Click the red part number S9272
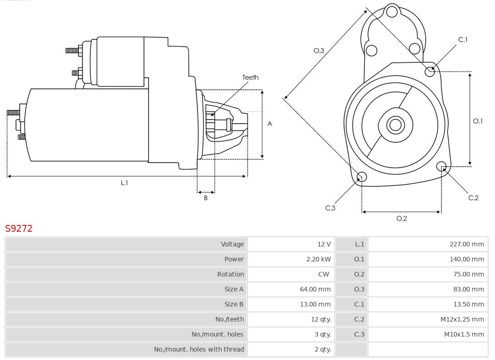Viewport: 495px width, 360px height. click(19, 228)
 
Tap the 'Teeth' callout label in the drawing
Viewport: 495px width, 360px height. click(250, 77)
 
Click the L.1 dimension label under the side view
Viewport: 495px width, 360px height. click(124, 183)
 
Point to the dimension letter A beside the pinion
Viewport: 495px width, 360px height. click(270, 124)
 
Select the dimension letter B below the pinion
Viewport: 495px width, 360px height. click(206, 198)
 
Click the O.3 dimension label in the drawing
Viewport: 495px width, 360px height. click(319, 50)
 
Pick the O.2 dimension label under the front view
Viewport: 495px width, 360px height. click(401, 218)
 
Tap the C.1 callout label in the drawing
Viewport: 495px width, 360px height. click(463, 39)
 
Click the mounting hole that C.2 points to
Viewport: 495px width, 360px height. click(441, 166)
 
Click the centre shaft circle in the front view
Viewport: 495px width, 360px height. click(395, 125)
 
